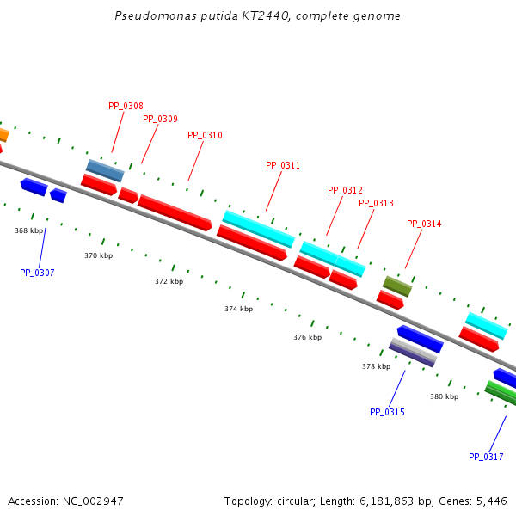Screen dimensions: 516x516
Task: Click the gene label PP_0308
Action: [126, 106]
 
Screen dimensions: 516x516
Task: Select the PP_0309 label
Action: [160, 119]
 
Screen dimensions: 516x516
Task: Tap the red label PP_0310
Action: [205, 135]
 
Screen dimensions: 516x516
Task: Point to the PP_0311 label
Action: [283, 165]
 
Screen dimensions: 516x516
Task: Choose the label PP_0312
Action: [345, 190]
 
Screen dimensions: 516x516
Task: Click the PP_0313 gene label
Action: [376, 203]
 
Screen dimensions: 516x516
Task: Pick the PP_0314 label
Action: [424, 224]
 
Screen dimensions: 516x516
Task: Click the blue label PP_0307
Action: [37, 273]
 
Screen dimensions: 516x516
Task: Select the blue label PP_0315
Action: [387, 412]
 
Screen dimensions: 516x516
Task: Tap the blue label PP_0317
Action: [486, 457]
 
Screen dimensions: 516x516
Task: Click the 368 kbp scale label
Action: [28, 230]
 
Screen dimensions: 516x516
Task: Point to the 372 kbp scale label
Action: [169, 281]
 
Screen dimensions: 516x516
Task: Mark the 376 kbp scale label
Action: [307, 337]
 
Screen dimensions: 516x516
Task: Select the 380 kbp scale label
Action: [444, 396]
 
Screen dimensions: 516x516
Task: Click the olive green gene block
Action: [397, 286]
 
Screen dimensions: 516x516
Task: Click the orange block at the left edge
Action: [3, 134]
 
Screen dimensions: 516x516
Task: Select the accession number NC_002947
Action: [92, 501]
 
